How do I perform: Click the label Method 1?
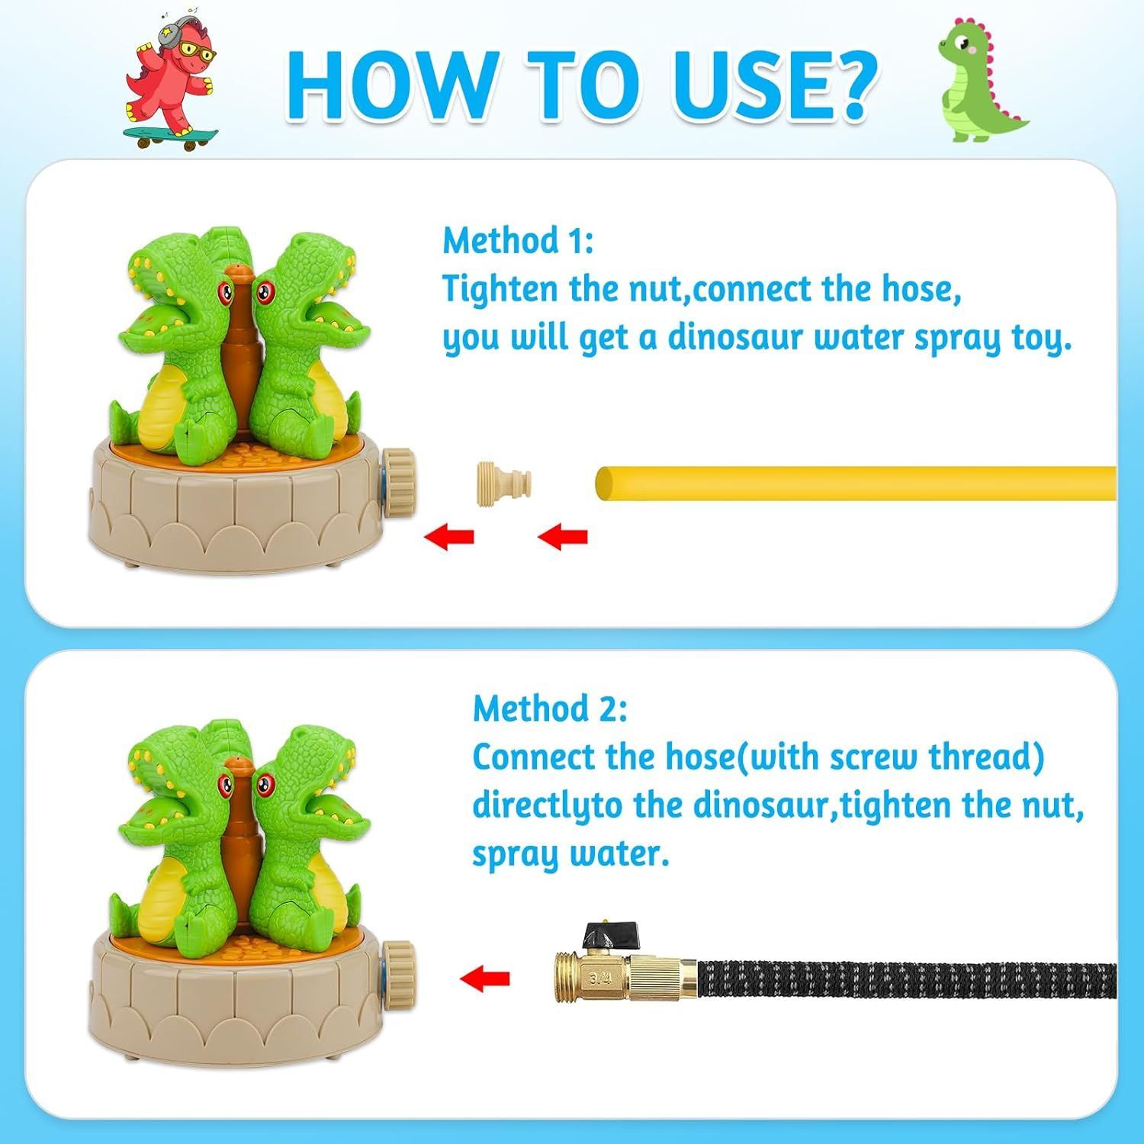(x=518, y=241)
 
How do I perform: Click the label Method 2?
(x=550, y=709)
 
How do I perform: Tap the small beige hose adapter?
(x=503, y=484)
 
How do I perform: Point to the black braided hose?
(x=908, y=979)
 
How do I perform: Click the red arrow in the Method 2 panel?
(x=485, y=977)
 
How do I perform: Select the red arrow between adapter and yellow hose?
(x=563, y=537)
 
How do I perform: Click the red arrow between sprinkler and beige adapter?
(x=449, y=537)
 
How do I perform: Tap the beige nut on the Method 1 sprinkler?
(x=398, y=477)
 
